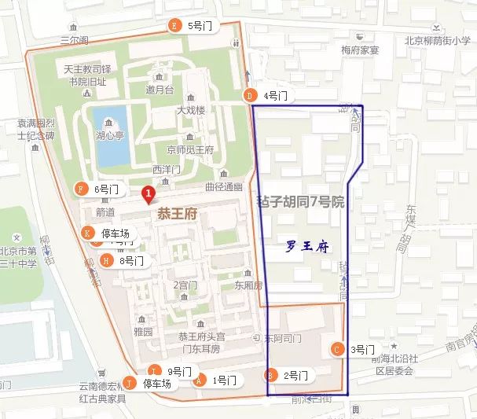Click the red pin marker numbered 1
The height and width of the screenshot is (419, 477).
147,193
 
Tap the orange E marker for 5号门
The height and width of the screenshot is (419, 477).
174,26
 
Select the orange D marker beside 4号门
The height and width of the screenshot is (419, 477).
251,96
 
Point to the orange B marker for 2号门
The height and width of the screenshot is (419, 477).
271,375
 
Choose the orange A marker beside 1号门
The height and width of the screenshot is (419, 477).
200,380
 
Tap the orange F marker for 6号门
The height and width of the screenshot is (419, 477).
80,189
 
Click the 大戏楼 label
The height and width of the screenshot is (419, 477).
191,110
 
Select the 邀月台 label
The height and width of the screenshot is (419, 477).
160,90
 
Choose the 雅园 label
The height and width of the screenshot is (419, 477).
143,333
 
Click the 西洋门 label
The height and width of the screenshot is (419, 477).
167,169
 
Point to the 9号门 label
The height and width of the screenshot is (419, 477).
180,371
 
